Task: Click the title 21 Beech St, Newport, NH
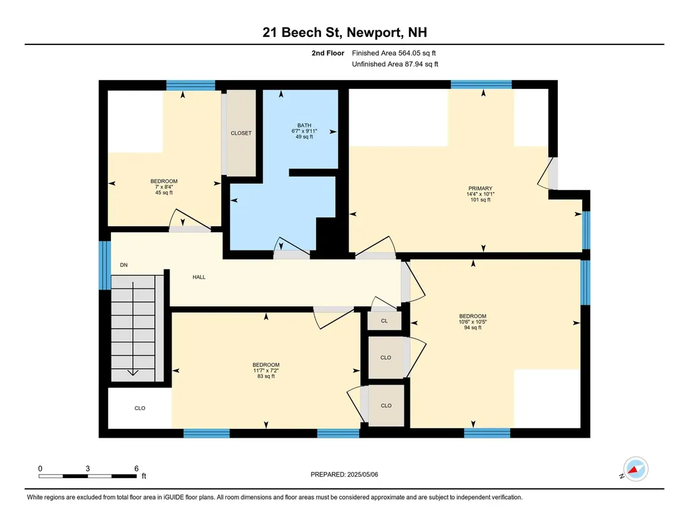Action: pyautogui.click(x=344, y=32)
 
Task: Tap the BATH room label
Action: pyautogui.click(x=304, y=125)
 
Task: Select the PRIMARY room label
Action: pyautogui.click(x=480, y=188)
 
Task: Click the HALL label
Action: pyautogui.click(x=199, y=277)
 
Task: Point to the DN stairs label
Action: pyautogui.click(x=124, y=265)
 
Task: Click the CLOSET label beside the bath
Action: pyautogui.click(x=242, y=133)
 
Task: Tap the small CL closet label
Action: pyautogui.click(x=384, y=321)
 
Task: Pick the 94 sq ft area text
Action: pyautogui.click(x=473, y=327)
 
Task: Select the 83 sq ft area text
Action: pyautogui.click(x=266, y=376)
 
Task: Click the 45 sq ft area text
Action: pyautogui.click(x=164, y=193)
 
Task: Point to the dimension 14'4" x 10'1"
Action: pyautogui.click(x=480, y=194)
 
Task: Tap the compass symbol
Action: pyautogui.click(x=636, y=469)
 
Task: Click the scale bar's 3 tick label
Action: pyautogui.click(x=88, y=469)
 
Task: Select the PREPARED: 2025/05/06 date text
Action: pyautogui.click(x=344, y=474)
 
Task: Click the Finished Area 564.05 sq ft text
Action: pyautogui.click(x=394, y=53)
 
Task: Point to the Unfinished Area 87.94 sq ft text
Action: pyautogui.click(x=395, y=64)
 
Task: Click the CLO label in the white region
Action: pyautogui.click(x=140, y=408)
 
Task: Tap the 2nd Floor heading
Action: pyautogui.click(x=328, y=53)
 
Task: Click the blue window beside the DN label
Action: pyautogui.click(x=104, y=265)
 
